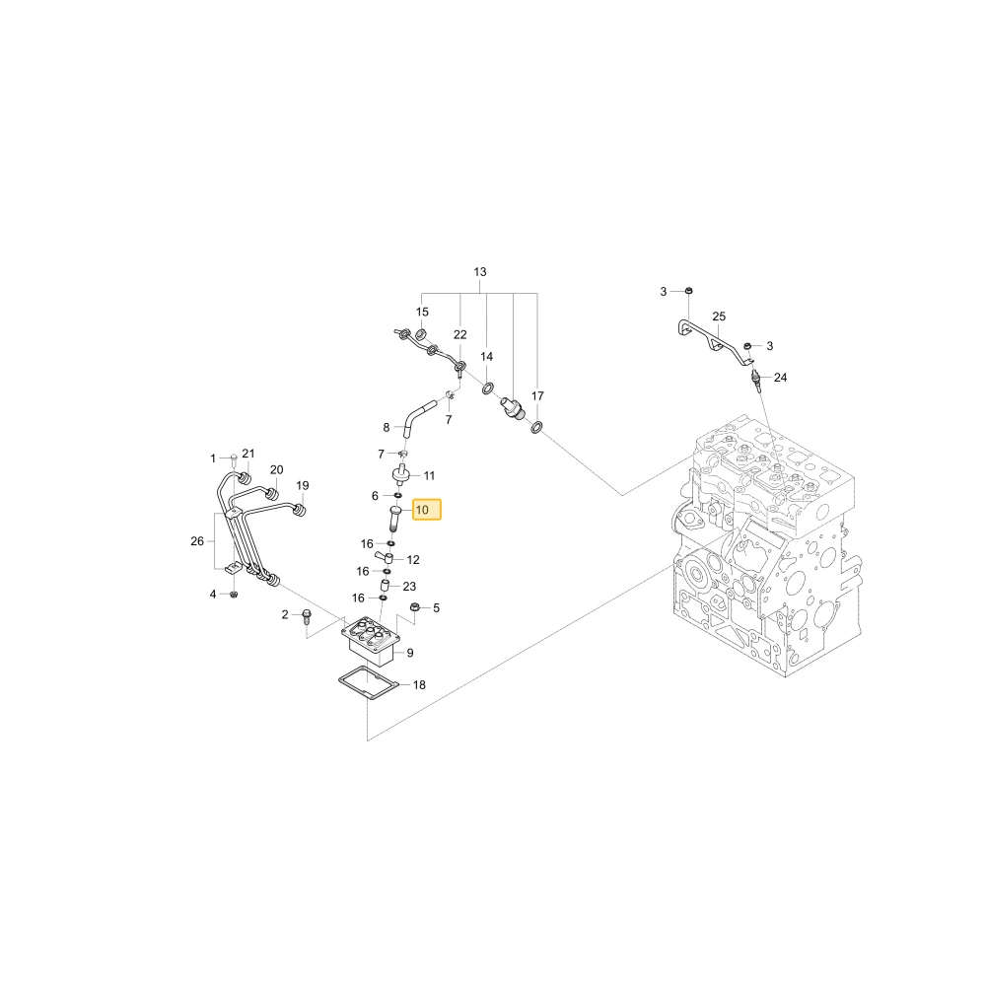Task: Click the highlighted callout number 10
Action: [426, 510]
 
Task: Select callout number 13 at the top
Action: [480, 272]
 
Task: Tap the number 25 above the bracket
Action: [719, 317]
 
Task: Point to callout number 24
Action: [780, 378]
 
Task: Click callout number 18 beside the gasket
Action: [419, 685]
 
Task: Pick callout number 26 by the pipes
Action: [197, 540]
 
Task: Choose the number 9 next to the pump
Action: [410, 653]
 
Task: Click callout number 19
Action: [303, 485]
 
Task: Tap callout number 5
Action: [437, 608]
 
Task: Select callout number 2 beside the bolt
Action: [285, 614]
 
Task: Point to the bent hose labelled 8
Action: [417, 413]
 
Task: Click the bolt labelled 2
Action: [307, 615]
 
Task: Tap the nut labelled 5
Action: [414, 606]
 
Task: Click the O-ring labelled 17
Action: [536, 428]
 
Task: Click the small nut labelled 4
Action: [234, 594]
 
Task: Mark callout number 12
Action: [413, 560]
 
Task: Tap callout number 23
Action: [409, 586]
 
